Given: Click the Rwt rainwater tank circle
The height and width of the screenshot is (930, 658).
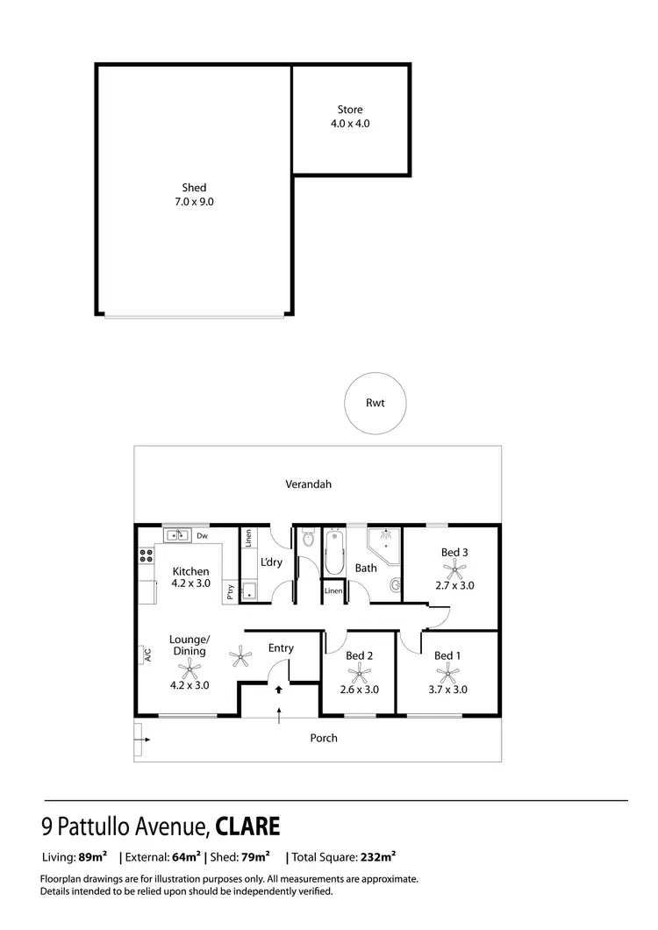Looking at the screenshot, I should pyautogui.click(x=375, y=404).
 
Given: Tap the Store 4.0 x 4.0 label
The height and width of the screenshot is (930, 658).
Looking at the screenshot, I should pyautogui.click(x=350, y=117).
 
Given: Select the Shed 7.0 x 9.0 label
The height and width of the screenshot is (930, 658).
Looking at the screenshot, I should pyautogui.click(x=194, y=194).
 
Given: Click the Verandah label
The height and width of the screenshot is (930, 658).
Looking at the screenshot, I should pyautogui.click(x=307, y=483).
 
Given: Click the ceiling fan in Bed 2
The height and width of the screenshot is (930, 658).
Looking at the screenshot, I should pyautogui.click(x=359, y=673).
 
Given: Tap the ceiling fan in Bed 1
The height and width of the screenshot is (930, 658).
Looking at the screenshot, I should pyautogui.click(x=448, y=673).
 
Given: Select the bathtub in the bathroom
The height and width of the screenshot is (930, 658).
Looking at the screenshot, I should pyautogui.click(x=335, y=554).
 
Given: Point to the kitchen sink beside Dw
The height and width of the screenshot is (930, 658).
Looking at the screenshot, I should pyautogui.click(x=178, y=535).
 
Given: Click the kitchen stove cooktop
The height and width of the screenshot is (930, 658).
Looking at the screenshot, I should pyautogui.click(x=145, y=555).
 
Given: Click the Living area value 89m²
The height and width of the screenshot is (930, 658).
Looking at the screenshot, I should pyautogui.click(x=92, y=856).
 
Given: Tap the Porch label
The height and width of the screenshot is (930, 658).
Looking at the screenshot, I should pyautogui.click(x=324, y=738).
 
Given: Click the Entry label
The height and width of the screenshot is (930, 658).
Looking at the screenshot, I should pyautogui.click(x=281, y=648).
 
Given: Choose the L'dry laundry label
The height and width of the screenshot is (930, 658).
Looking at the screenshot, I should pyautogui.click(x=271, y=562).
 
